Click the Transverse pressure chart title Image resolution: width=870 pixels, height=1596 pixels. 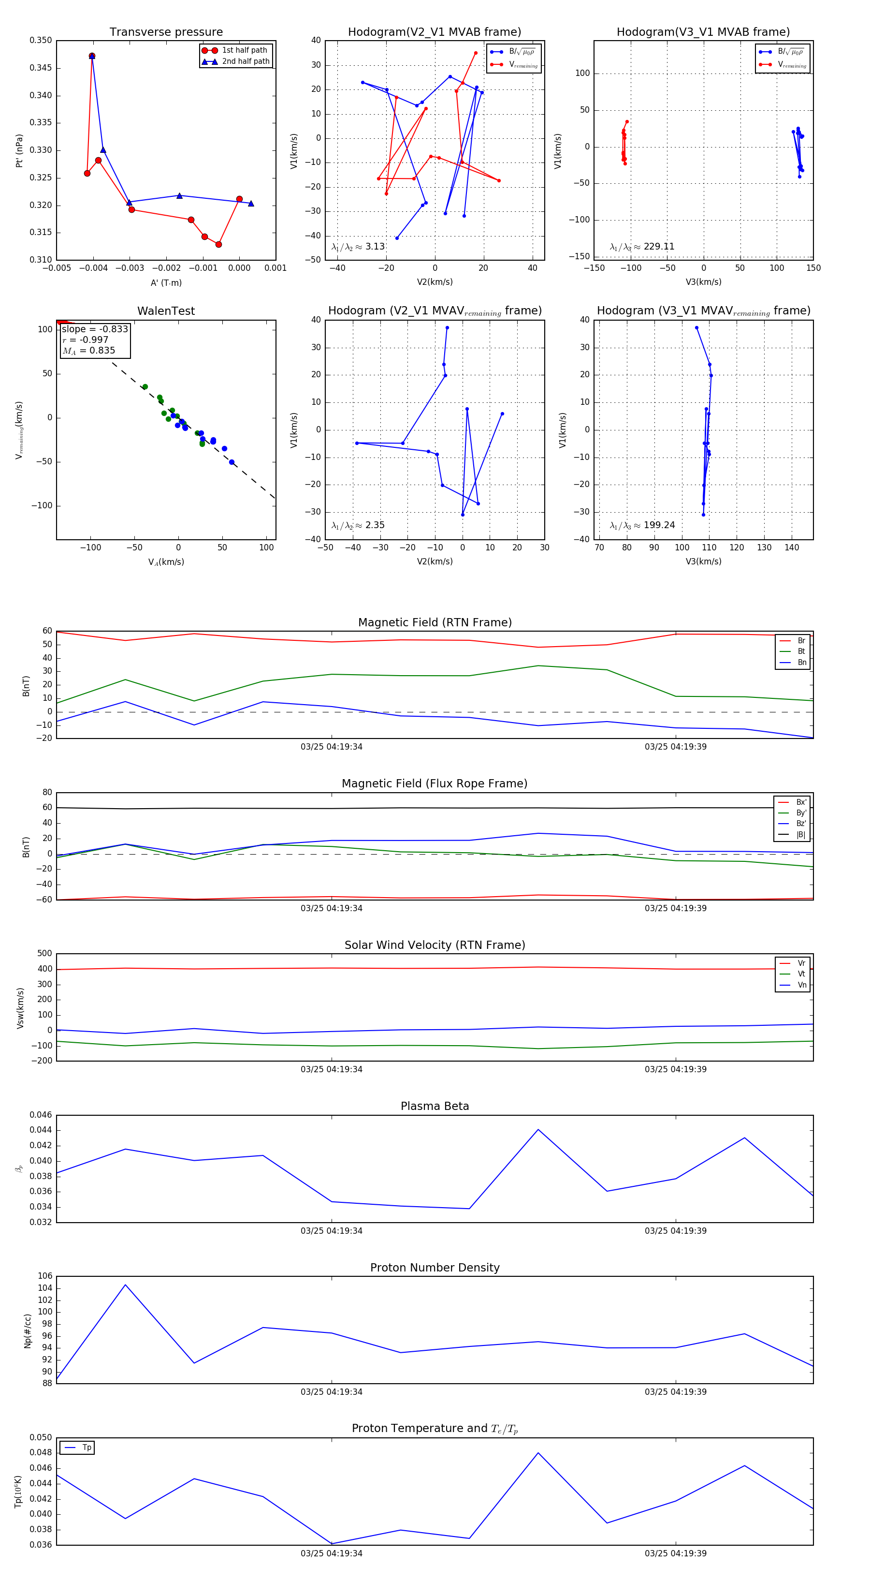pos(166,32)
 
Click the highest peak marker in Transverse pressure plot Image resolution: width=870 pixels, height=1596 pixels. pos(92,56)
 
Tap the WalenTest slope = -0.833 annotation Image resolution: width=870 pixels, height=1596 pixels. pos(95,329)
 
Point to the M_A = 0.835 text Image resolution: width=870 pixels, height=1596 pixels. pos(88,351)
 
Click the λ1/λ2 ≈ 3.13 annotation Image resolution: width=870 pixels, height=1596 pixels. pos(358,247)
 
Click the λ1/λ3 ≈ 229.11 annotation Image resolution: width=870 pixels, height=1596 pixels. pos(642,247)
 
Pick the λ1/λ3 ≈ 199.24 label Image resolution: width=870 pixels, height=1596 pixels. pos(642,525)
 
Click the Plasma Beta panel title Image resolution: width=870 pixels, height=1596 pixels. pos(435,1107)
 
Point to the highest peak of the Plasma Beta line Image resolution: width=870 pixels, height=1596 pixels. pos(538,1129)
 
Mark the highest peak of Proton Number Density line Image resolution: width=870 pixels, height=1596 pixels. pos(126,1285)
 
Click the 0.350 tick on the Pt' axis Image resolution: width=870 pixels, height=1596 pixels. pos(41,40)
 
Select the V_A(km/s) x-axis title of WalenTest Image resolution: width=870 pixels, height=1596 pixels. pos(166,562)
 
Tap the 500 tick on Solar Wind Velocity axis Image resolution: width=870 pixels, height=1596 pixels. pos(44,954)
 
